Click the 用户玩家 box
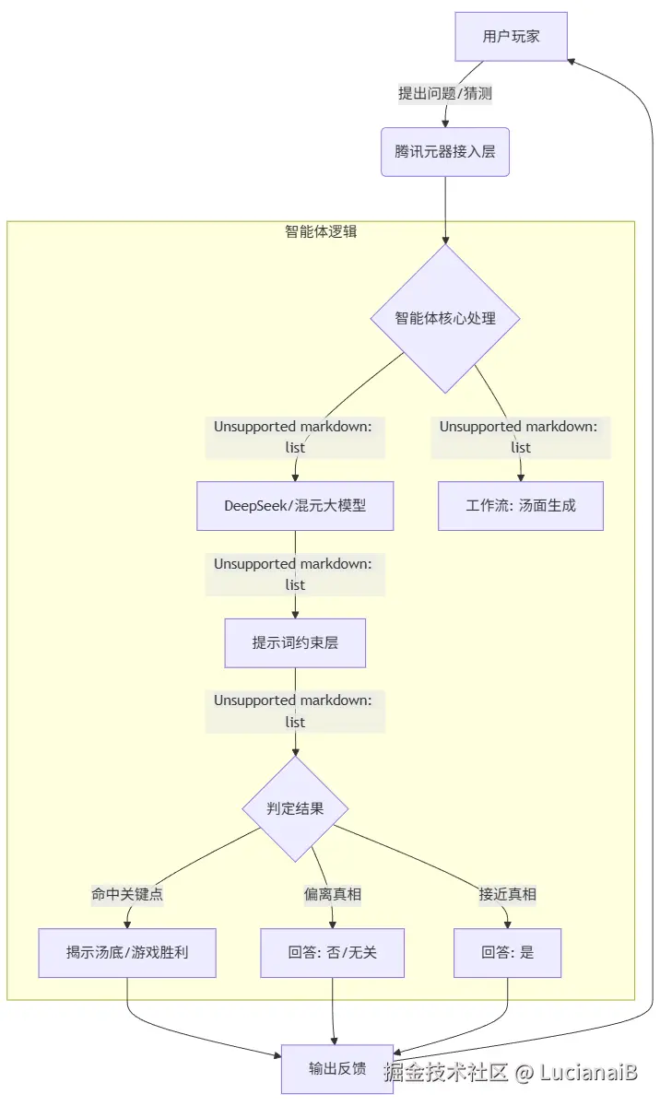tap(511, 37)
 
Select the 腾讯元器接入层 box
tap(445, 151)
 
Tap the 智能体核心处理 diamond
tap(445, 318)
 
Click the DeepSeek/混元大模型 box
tap(295, 506)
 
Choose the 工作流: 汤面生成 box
tap(521, 506)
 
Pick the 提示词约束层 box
tap(295, 642)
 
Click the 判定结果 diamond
tap(295, 809)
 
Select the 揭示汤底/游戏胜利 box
tap(127, 952)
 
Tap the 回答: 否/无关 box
tap(332, 952)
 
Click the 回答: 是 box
tap(507, 952)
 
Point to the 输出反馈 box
tap(337, 1069)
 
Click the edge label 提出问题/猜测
tap(445, 93)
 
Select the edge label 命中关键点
tap(127, 894)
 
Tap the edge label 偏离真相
tap(332, 894)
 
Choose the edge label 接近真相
tap(507, 894)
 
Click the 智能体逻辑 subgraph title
tap(321, 231)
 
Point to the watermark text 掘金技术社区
tap(446, 1072)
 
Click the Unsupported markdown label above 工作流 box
tap(521, 437)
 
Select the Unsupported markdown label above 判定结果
tap(295, 711)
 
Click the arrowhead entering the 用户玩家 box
tap(572, 60)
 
